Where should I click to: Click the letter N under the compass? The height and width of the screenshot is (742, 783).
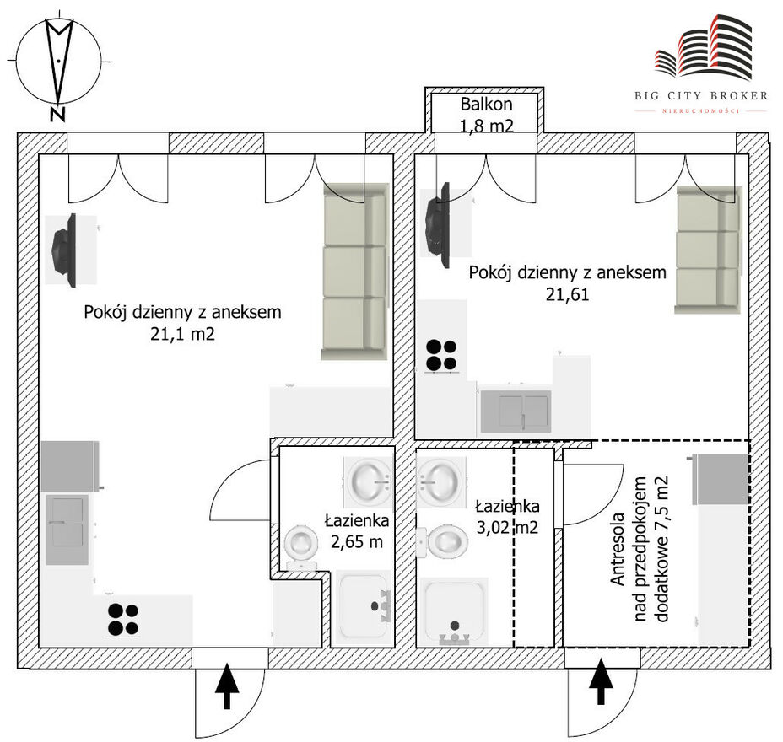click(58, 115)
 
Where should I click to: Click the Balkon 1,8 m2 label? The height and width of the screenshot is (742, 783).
click(486, 115)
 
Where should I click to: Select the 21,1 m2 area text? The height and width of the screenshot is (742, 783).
click(182, 333)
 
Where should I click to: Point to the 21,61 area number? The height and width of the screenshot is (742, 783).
click(567, 294)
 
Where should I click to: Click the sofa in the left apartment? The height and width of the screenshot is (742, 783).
click(355, 272)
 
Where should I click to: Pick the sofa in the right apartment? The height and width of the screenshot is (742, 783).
click(708, 250)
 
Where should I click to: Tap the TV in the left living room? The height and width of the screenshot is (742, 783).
click(65, 250)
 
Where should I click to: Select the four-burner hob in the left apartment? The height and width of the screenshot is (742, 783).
click(123, 619)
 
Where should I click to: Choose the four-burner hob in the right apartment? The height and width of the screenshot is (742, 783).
click(441, 355)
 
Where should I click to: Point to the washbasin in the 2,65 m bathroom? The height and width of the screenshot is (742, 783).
click(369, 481)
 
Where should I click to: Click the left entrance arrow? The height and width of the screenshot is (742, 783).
click(227, 686)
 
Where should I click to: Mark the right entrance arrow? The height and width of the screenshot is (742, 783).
click(602, 681)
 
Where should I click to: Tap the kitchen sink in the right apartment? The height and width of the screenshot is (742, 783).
click(516, 411)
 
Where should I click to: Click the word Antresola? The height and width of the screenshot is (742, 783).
click(618, 549)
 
